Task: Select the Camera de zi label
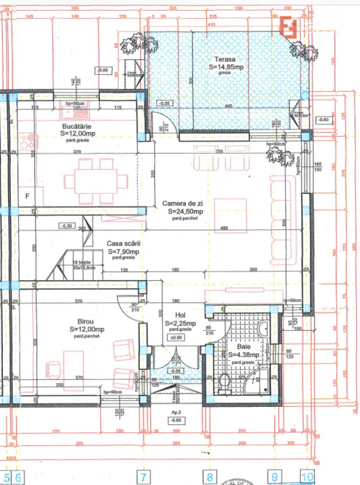[x=183, y=204]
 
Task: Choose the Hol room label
[x=180, y=316]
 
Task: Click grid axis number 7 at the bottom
[x=143, y=477]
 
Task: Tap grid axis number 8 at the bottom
[x=210, y=477]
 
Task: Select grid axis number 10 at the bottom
[x=307, y=477]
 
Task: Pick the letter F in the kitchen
[x=27, y=196]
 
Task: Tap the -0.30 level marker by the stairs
[x=67, y=226]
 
